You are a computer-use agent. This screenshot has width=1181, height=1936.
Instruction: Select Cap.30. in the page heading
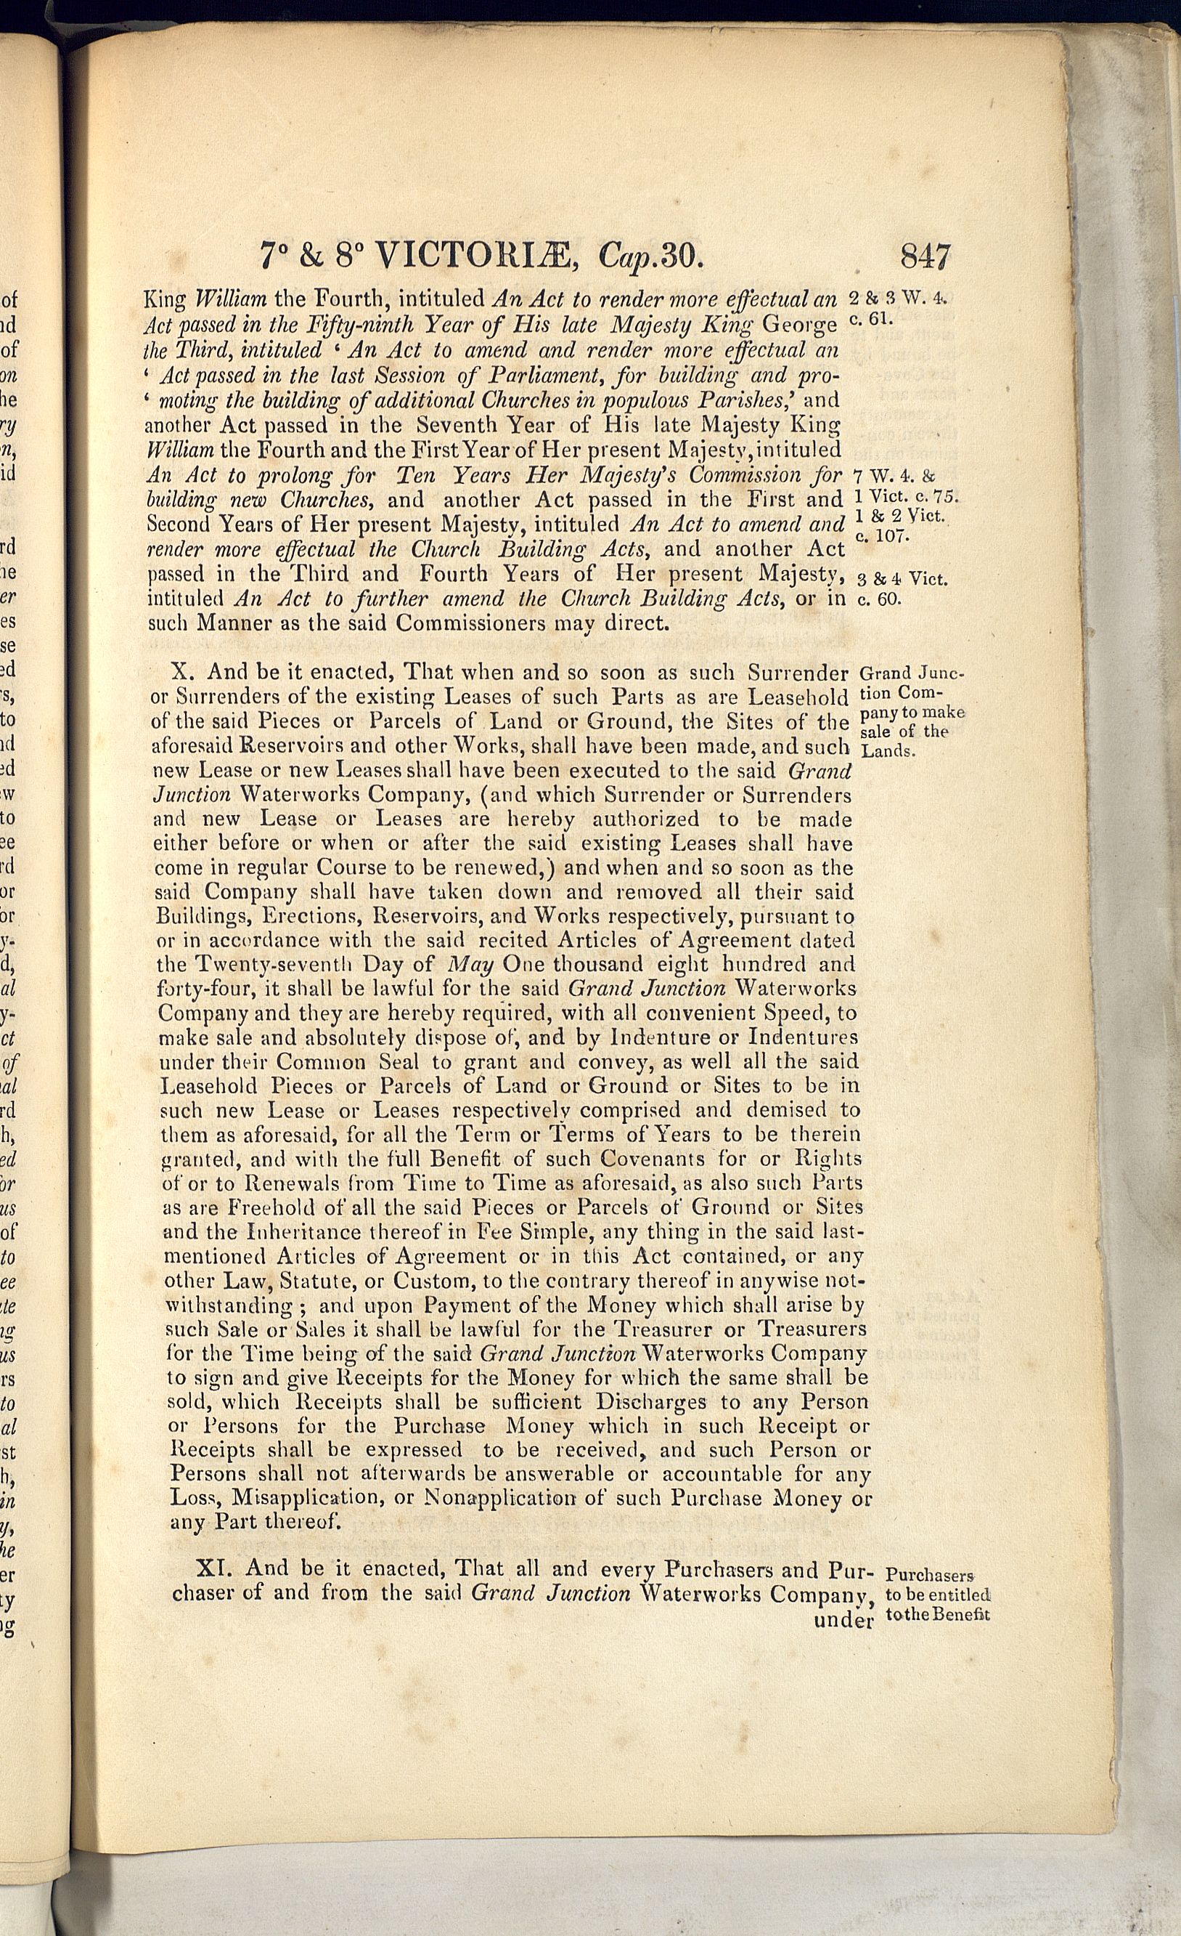click(653, 256)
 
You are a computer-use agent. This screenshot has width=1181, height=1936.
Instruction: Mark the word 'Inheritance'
click(301, 1232)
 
